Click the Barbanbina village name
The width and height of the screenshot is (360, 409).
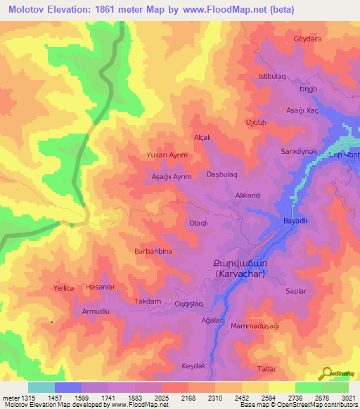tap(153, 250)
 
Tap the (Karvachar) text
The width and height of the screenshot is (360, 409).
tap(240, 273)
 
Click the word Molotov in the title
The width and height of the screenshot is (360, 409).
tap(28, 10)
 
